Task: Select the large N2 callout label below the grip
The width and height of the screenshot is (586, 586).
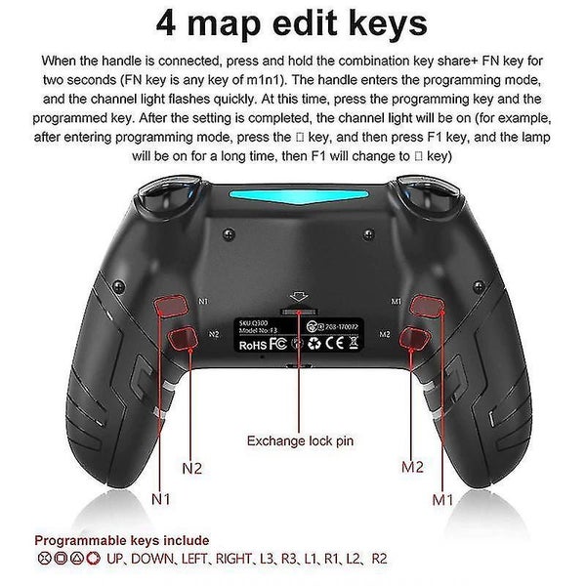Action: [192, 468]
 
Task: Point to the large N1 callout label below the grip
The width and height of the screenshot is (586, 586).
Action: [159, 500]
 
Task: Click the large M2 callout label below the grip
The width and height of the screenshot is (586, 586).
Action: [413, 466]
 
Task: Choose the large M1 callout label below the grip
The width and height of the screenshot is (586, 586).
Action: [444, 500]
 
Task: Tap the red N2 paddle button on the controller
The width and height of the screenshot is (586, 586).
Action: [182, 339]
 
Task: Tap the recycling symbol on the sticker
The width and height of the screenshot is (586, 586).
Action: [315, 343]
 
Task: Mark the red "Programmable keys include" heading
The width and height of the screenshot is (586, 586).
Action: [122, 540]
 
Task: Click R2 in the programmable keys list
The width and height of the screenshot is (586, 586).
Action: [379, 559]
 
